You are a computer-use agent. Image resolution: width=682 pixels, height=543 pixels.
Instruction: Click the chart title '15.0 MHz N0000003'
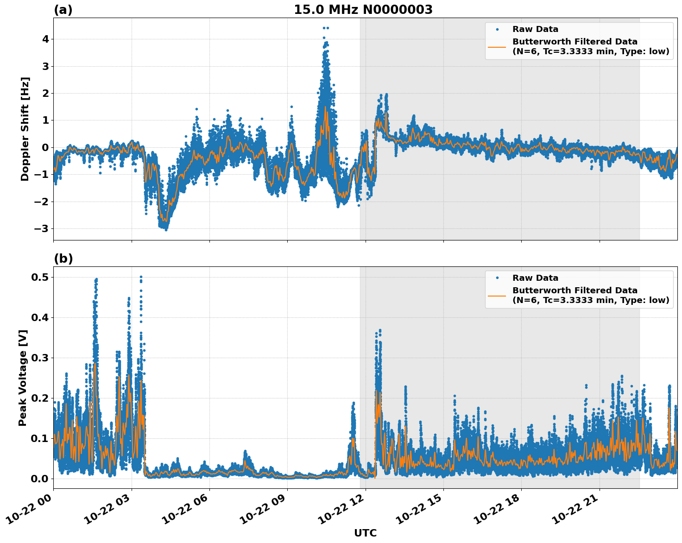(x=363, y=10)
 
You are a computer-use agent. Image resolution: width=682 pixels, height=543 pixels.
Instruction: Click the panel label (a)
(x=63, y=10)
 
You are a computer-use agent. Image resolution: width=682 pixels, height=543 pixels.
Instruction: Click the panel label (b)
(x=63, y=259)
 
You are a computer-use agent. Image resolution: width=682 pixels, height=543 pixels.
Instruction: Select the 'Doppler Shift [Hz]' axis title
(x=25, y=129)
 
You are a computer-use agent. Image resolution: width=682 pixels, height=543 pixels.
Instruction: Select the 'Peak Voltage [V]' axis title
(x=23, y=378)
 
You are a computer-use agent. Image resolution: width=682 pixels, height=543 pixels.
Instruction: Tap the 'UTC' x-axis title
(x=365, y=533)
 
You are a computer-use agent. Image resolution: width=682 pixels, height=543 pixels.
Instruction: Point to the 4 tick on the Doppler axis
(x=45, y=39)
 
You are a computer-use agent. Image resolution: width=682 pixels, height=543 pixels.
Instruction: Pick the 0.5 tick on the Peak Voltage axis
(x=41, y=277)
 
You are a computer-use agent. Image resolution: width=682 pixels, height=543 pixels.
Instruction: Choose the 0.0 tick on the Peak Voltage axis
(x=41, y=479)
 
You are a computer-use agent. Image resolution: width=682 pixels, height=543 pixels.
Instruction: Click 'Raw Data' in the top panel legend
(x=535, y=29)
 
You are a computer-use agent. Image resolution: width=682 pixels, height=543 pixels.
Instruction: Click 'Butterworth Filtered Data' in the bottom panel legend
(x=575, y=290)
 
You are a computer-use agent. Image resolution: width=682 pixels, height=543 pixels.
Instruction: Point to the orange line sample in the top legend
(x=497, y=47)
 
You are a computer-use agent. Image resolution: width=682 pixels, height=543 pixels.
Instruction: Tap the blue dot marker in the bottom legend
(x=497, y=278)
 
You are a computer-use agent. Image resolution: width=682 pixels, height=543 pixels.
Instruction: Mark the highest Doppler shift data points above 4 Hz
(x=325, y=28)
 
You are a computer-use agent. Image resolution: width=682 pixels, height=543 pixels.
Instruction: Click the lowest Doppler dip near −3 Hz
(x=165, y=228)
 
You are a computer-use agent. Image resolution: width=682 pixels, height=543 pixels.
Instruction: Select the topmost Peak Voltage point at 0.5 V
(x=141, y=277)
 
